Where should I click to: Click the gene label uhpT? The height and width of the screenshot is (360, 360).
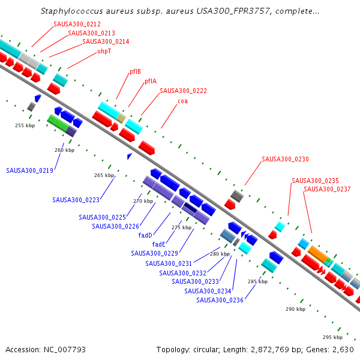coord(104,51)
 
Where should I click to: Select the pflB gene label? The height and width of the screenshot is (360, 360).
coord(135,71)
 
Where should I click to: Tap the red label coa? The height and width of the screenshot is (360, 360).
coord(183,101)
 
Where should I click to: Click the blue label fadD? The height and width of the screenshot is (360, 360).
coord(145,235)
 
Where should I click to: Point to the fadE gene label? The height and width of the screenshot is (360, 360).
coord(158,244)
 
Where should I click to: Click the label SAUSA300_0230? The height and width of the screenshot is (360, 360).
coord(285,159)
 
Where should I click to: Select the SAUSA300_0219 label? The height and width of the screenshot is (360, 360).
coord(29,170)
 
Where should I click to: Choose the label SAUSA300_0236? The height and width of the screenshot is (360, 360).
coord(220,300)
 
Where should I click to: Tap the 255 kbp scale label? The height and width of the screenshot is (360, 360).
coord(25,125)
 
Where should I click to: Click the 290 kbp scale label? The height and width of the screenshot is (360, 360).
coord(295,309)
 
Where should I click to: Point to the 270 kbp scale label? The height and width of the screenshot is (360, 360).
coord(143,201)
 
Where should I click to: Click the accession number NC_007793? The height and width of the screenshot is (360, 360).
coord(65,350)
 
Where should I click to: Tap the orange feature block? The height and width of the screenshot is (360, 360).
coord(317,254)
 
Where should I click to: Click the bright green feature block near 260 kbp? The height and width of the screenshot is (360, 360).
coord(58,123)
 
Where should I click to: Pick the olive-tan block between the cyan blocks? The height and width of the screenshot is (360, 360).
coord(121,118)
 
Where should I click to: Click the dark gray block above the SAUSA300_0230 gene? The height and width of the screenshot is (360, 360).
coord(237,196)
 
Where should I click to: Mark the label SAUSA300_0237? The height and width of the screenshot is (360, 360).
coord(327,189)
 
